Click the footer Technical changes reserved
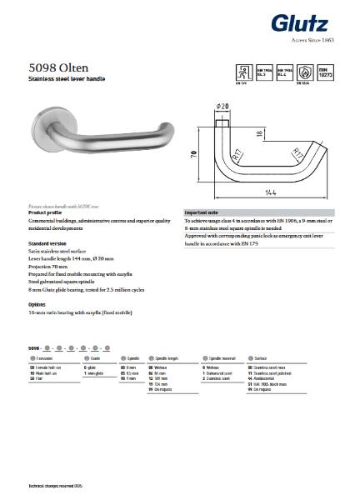[x=57, y=482]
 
